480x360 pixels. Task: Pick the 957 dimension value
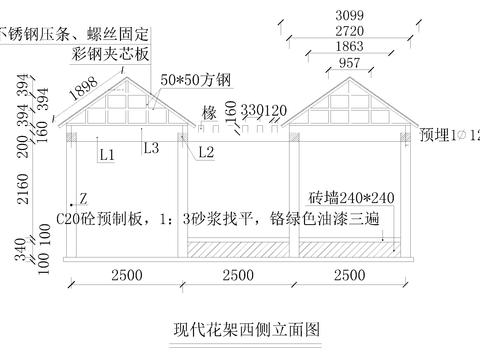coord(350,63)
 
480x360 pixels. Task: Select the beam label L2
coord(206,152)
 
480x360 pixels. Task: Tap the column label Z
coord(83,199)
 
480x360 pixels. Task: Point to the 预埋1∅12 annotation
coord(449,133)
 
